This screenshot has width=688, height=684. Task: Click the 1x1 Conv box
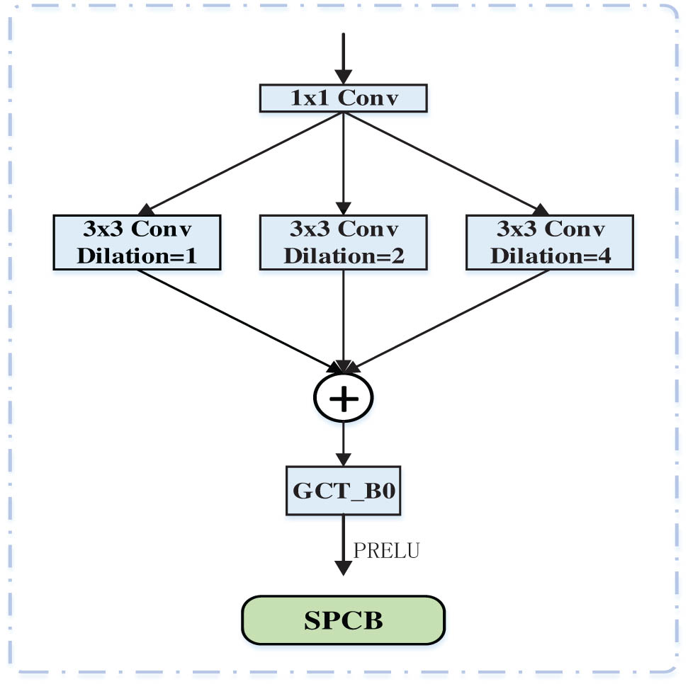343,98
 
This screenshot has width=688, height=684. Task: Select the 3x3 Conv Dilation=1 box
137,242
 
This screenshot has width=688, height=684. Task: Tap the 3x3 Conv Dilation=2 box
343,242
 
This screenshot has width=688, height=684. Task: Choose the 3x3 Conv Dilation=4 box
550,242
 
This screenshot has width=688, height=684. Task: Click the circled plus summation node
344,398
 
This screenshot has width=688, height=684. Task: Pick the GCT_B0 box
343,490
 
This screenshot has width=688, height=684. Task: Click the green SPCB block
344,620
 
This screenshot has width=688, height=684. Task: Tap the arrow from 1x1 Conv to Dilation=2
343,163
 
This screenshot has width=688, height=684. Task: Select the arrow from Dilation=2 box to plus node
343,319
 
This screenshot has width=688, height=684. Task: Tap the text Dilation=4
550,255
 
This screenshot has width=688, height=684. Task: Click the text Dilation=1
137,255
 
